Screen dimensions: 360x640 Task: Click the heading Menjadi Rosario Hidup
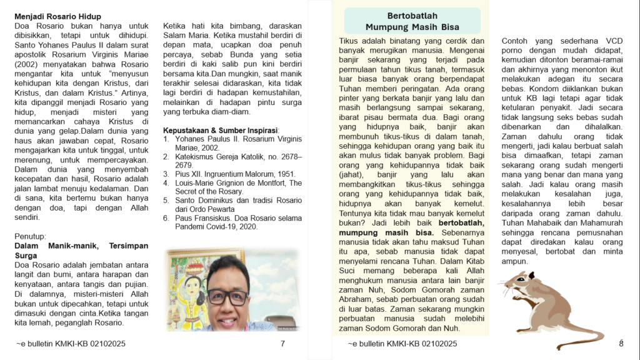[57, 16]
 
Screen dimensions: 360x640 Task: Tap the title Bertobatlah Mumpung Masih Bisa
[412, 21]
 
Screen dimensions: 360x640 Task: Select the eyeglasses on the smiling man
[227, 296]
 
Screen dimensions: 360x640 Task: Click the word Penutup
[30, 236]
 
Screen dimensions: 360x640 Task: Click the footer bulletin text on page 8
[402, 344]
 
